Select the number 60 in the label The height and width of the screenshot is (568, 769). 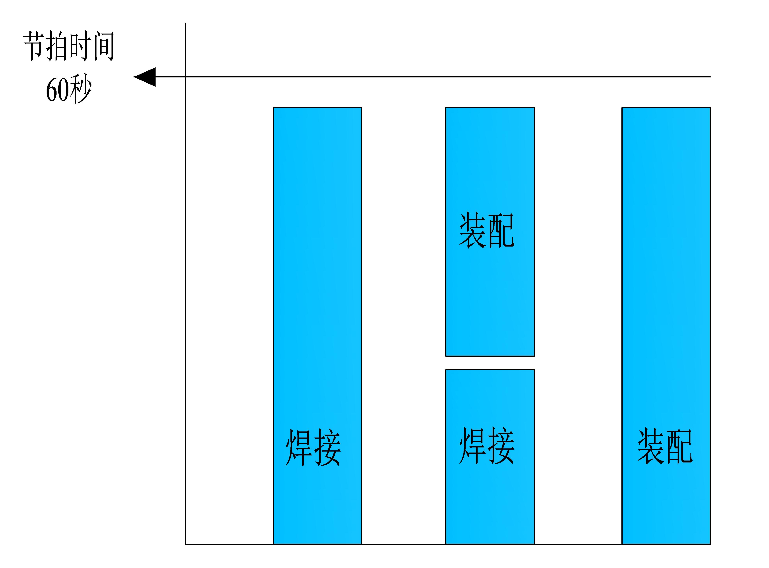[x=57, y=90]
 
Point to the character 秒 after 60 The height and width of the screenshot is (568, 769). [x=80, y=90]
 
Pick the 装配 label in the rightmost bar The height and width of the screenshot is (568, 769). [x=665, y=446]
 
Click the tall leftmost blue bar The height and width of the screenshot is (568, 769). [x=318, y=326]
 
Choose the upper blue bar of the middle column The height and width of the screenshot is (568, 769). [x=490, y=232]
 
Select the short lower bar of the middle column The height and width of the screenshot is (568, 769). [x=490, y=457]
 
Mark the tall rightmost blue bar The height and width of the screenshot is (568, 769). [x=666, y=326]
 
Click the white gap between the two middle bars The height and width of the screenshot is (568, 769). [x=490, y=363]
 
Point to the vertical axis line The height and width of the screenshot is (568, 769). [x=186, y=284]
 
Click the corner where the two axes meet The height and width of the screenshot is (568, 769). [x=186, y=544]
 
